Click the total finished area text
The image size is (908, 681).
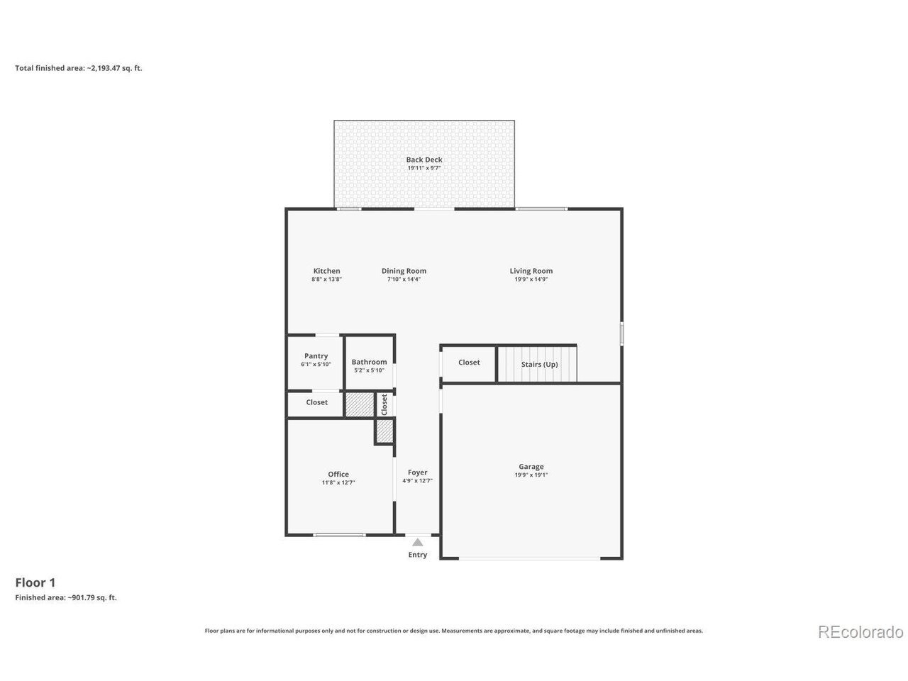tap(79, 68)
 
